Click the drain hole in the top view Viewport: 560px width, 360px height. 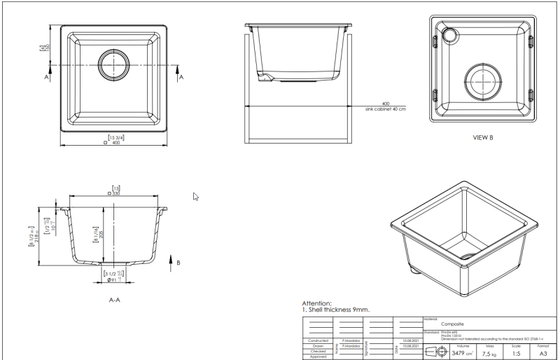click(x=113, y=65)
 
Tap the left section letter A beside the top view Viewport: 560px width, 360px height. click(x=47, y=78)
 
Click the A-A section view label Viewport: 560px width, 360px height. click(x=116, y=298)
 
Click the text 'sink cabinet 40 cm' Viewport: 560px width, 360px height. click(x=385, y=109)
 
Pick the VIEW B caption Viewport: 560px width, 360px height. click(x=483, y=137)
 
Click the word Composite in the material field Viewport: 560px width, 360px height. click(x=454, y=324)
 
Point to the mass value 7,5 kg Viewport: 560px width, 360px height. click(x=489, y=354)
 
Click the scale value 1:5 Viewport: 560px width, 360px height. click(x=516, y=354)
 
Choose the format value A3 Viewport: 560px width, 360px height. click(x=542, y=354)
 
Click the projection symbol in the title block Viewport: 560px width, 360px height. click(x=435, y=352)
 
